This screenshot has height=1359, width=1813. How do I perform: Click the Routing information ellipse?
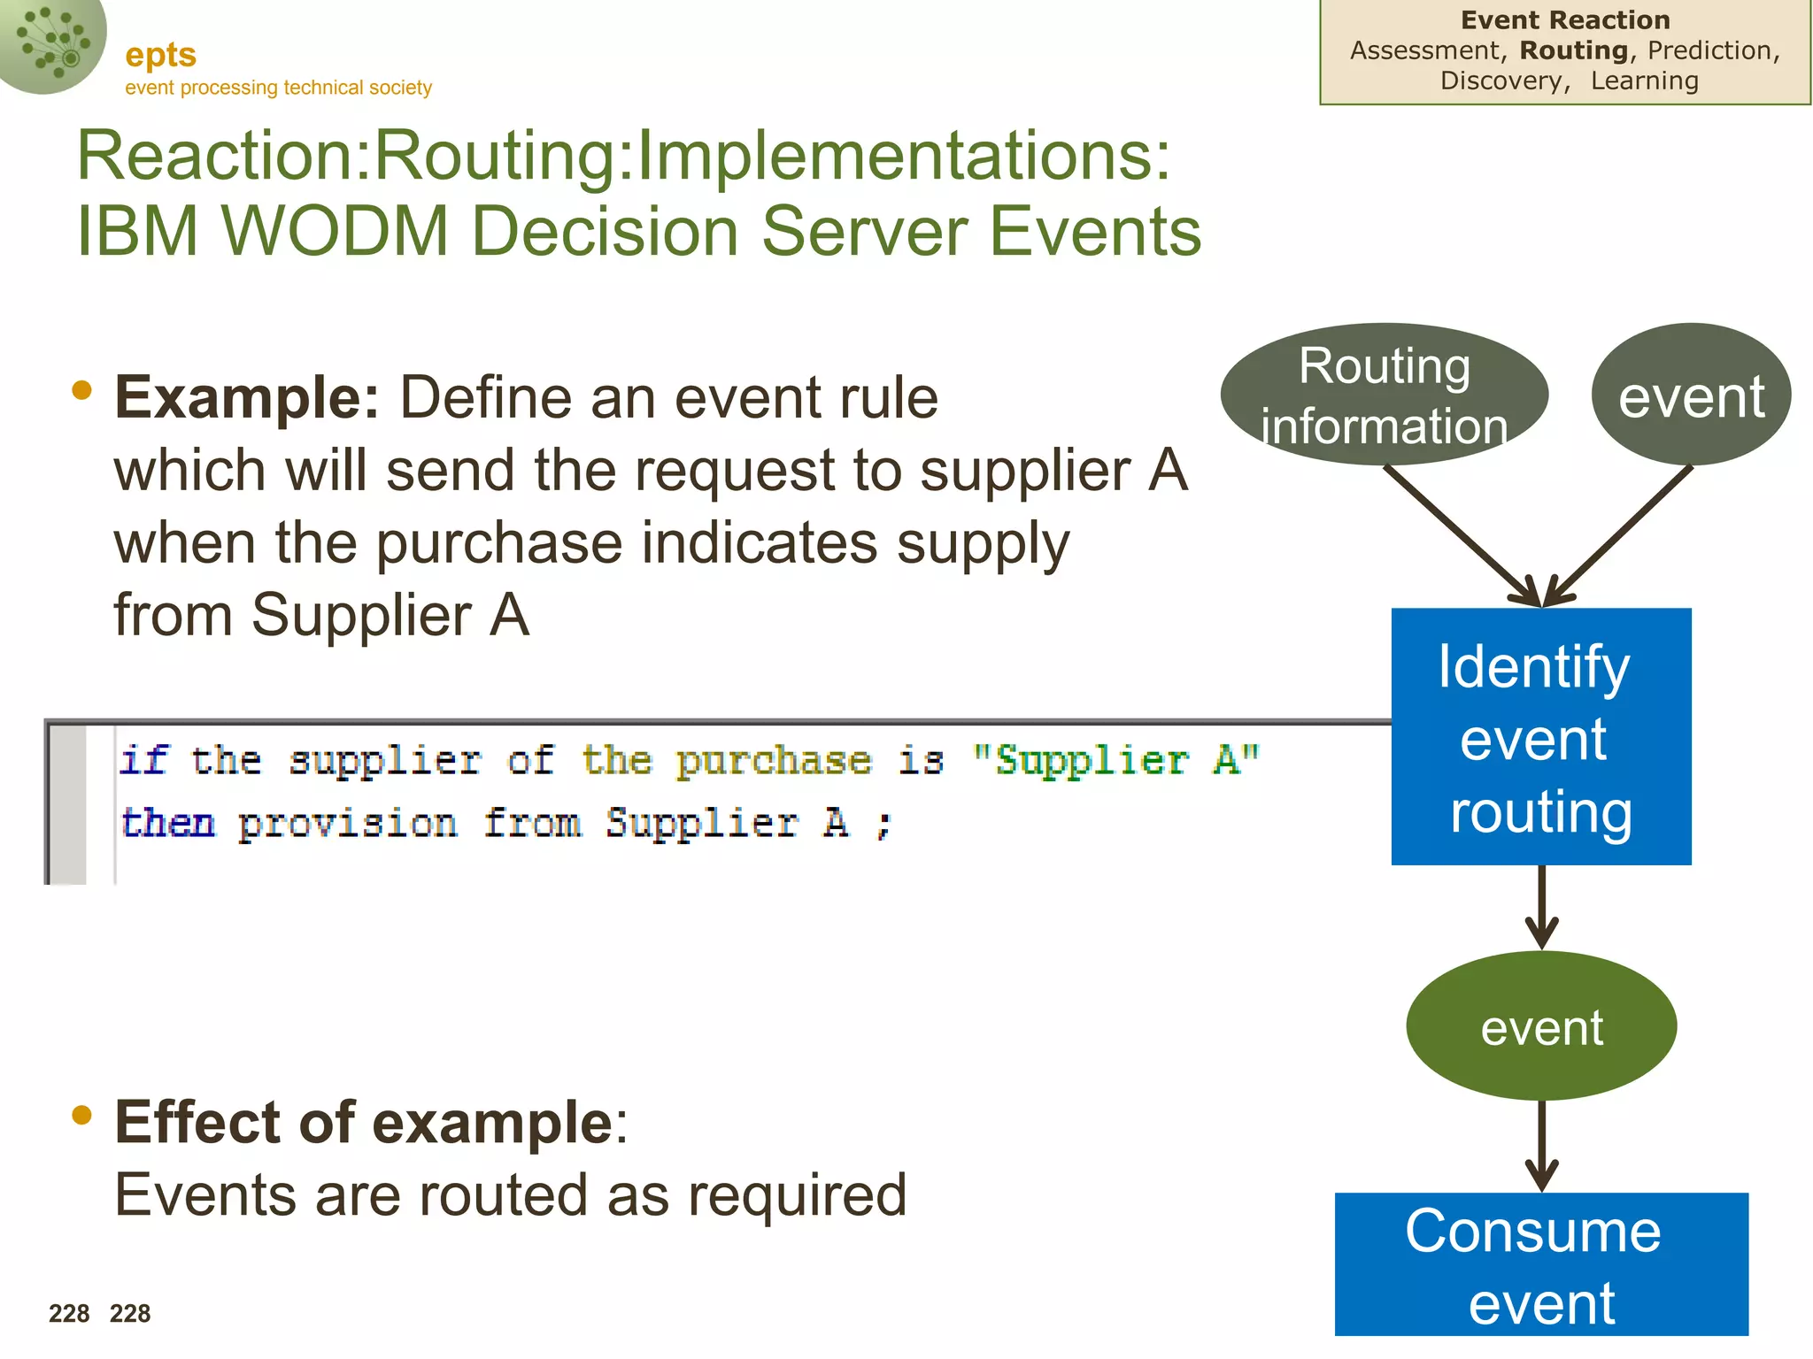pyautogui.click(x=1384, y=395)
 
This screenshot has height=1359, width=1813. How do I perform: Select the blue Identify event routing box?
pyautogui.click(x=1540, y=736)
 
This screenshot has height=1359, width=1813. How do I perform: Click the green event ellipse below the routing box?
pyautogui.click(x=1540, y=1026)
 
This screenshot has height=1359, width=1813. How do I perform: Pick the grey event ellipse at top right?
pyautogui.click(x=1691, y=395)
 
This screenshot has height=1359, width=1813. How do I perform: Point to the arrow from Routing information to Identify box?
pyautogui.click(x=1461, y=534)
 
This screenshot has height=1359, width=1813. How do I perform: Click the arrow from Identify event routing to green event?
pyautogui.click(x=1541, y=907)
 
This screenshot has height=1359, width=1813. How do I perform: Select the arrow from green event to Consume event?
pyautogui.click(x=1541, y=1146)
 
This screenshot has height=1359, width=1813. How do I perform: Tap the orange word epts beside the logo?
pyautogui.click(x=160, y=55)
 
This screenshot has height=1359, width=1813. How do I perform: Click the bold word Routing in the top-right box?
pyautogui.click(x=1574, y=50)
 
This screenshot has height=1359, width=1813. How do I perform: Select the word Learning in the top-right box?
pyautogui.click(x=1644, y=81)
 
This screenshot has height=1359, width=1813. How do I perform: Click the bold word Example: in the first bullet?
pyautogui.click(x=247, y=397)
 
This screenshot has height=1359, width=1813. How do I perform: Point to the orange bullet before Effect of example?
pyautogui.click(x=81, y=1115)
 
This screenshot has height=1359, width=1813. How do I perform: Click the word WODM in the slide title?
pyautogui.click(x=336, y=231)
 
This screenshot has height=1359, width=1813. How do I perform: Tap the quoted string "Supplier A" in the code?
pyautogui.click(x=1115, y=760)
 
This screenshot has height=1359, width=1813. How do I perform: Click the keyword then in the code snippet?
pyautogui.click(x=168, y=823)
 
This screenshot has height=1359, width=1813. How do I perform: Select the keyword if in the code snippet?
pyautogui.click(x=143, y=760)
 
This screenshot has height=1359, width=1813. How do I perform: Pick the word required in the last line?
pyautogui.click(x=797, y=1195)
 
